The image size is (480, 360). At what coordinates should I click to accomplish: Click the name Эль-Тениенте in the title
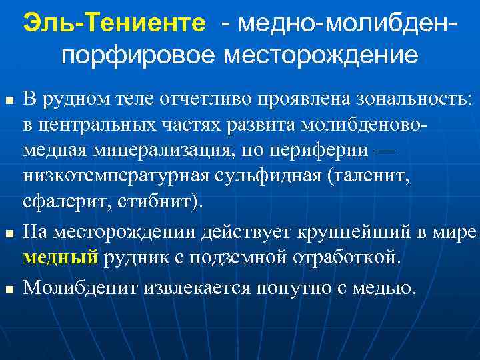(x=114, y=24)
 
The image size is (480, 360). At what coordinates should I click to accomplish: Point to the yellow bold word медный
(x=61, y=259)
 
